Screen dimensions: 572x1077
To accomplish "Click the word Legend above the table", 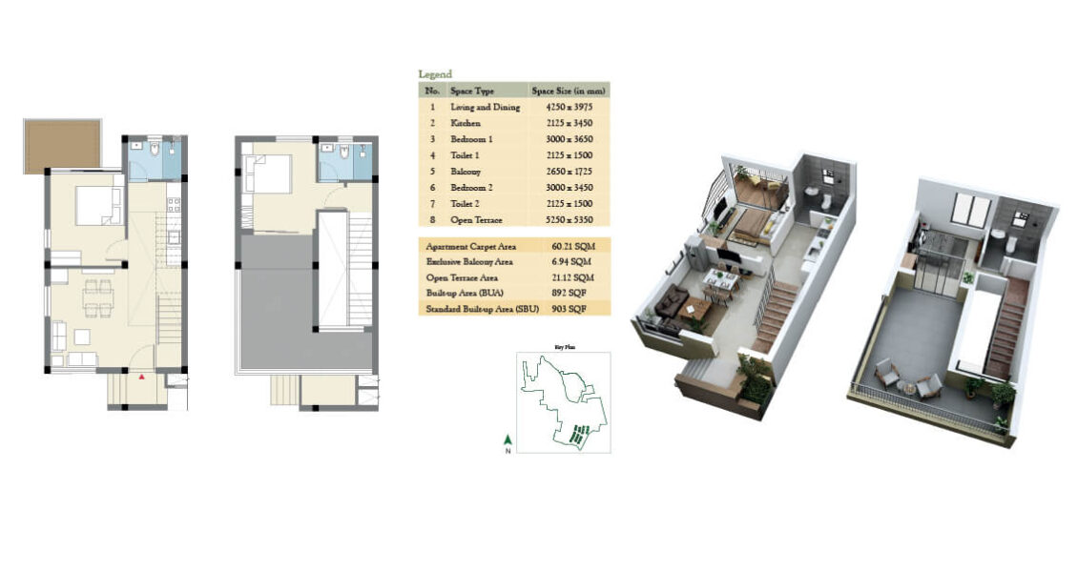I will click(x=435, y=74).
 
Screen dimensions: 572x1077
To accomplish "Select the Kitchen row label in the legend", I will click(x=466, y=123).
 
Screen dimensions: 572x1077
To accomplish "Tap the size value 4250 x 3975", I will click(x=567, y=107).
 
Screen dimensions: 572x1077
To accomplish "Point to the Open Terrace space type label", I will click(x=474, y=218).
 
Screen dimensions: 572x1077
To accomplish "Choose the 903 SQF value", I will click(x=568, y=309).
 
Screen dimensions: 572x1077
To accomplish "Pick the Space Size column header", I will click(x=569, y=91).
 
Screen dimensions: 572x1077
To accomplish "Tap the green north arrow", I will click(x=508, y=440).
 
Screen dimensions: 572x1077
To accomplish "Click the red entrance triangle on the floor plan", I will click(x=142, y=378).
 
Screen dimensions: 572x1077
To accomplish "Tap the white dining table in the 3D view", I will click(x=717, y=279).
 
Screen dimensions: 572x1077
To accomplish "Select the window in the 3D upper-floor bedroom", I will click(x=971, y=209).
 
